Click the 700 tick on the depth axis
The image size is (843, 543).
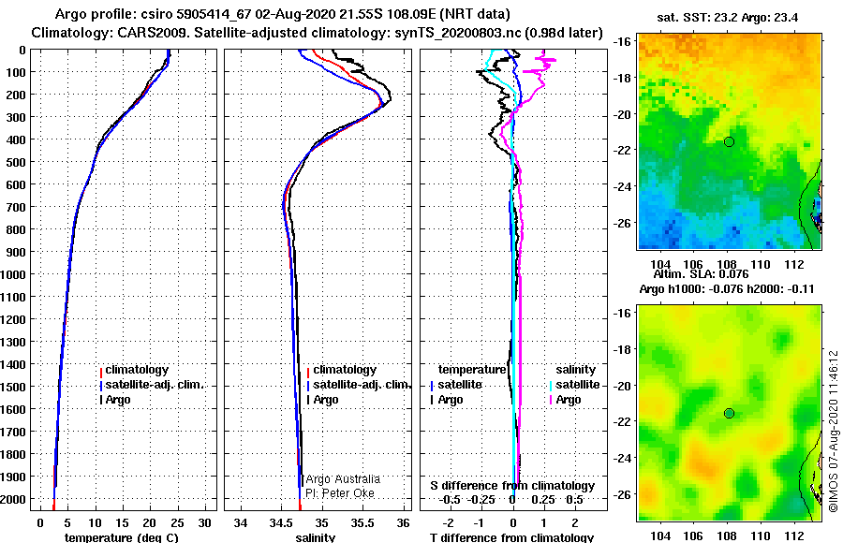(16, 207)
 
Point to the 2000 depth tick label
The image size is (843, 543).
(13, 499)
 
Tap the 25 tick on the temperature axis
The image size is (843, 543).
(177, 522)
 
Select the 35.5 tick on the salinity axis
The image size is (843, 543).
(362, 522)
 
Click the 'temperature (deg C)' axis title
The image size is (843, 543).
(122, 537)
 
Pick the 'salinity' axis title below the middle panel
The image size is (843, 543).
(316, 537)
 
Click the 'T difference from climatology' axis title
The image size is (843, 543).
(511, 537)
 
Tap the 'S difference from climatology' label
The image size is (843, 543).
(512, 486)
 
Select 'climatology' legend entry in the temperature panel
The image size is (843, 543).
(137, 370)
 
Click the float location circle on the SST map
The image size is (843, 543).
(729, 142)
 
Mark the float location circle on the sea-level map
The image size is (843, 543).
(729, 414)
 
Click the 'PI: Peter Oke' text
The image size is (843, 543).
(340, 493)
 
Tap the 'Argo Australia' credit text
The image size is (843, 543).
(343, 479)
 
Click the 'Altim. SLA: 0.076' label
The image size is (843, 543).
(701, 274)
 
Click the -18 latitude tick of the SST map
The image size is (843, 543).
(623, 78)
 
